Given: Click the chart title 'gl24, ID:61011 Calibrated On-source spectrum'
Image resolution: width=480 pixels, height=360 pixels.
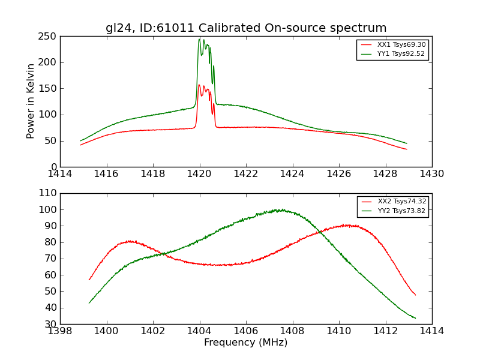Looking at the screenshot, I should pyautogui.click(x=246, y=28).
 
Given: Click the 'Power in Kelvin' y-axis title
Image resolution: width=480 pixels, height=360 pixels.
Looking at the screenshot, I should pyautogui.click(x=31, y=101).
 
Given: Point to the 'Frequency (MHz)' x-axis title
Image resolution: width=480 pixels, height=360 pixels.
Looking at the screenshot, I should pyautogui.click(x=246, y=343).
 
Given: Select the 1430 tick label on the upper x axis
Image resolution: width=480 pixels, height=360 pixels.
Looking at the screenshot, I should pyautogui.click(x=432, y=173).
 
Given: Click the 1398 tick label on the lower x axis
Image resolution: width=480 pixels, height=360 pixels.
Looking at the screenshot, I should pyautogui.click(x=60, y=331).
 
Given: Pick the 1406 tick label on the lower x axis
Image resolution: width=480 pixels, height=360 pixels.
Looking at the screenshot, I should pyautogui.click(x=246, y=331).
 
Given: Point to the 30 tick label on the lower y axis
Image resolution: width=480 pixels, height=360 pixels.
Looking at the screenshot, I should pyautogui.click(x=52, y=324).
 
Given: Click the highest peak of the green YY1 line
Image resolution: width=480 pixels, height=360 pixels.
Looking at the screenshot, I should pyautogui.click(x=199, y=39).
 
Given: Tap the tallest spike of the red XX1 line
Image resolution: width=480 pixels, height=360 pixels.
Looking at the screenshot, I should pyautogui.click(x=199, y=85).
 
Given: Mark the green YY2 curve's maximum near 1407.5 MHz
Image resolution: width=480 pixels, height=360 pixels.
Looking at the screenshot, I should pyautogui.click(x=279, y=209).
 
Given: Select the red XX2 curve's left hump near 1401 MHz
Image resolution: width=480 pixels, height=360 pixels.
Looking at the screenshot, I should pyautogui.click(x=130, y=241).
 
